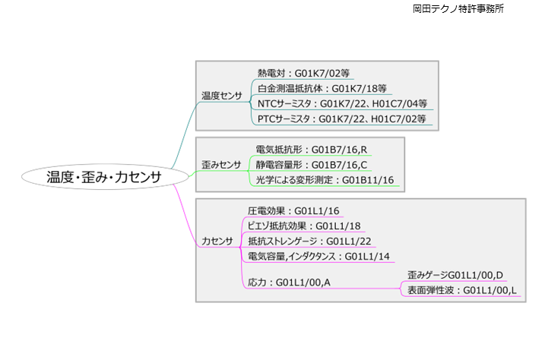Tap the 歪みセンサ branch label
[221, 164]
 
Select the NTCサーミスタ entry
[342, 103]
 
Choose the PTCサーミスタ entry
[342, 118]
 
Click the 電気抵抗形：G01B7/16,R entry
[312, 149]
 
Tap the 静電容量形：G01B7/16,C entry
[312, 164]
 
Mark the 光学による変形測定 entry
[325, 180]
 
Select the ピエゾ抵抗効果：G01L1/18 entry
[304, 226]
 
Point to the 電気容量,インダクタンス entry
[318, 256]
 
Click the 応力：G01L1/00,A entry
[289, 282]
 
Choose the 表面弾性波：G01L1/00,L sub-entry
[461, 290]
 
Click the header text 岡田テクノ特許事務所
[458, 9]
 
